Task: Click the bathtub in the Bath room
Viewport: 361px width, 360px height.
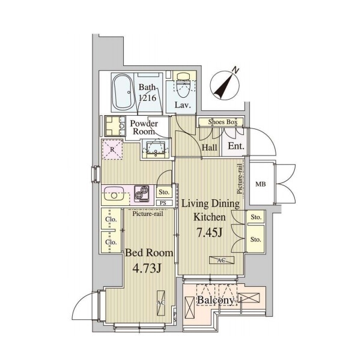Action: click(123, 92)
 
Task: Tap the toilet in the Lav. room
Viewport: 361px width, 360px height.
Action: click(183, 85)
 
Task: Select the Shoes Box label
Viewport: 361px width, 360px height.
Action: click(223, 122)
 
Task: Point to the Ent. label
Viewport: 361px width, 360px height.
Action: click(236, 146)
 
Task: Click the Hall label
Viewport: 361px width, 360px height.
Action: click(210, 148)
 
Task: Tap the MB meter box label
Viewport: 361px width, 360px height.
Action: click(261, 184)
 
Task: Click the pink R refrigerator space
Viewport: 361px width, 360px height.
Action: click(112, 149)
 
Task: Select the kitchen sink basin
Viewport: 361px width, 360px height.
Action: click(114, 194)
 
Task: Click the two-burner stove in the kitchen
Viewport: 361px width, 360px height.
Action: click(142, 193)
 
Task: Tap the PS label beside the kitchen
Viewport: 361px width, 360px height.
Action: click(163, 203)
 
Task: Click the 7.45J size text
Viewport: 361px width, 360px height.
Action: click(210, 233)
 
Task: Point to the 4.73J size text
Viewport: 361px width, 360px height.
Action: click(147, 268)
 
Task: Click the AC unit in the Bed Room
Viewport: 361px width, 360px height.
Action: click(161, 303)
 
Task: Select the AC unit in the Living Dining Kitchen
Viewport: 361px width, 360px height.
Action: click(222, 260)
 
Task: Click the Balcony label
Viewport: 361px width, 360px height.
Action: click(216, 300)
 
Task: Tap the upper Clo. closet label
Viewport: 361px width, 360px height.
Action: click(111, 219)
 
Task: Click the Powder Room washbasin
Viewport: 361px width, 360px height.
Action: click(156, 148)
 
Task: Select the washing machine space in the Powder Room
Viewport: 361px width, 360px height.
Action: click(115, 126)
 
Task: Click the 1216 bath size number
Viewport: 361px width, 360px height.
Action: click(147, 98)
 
